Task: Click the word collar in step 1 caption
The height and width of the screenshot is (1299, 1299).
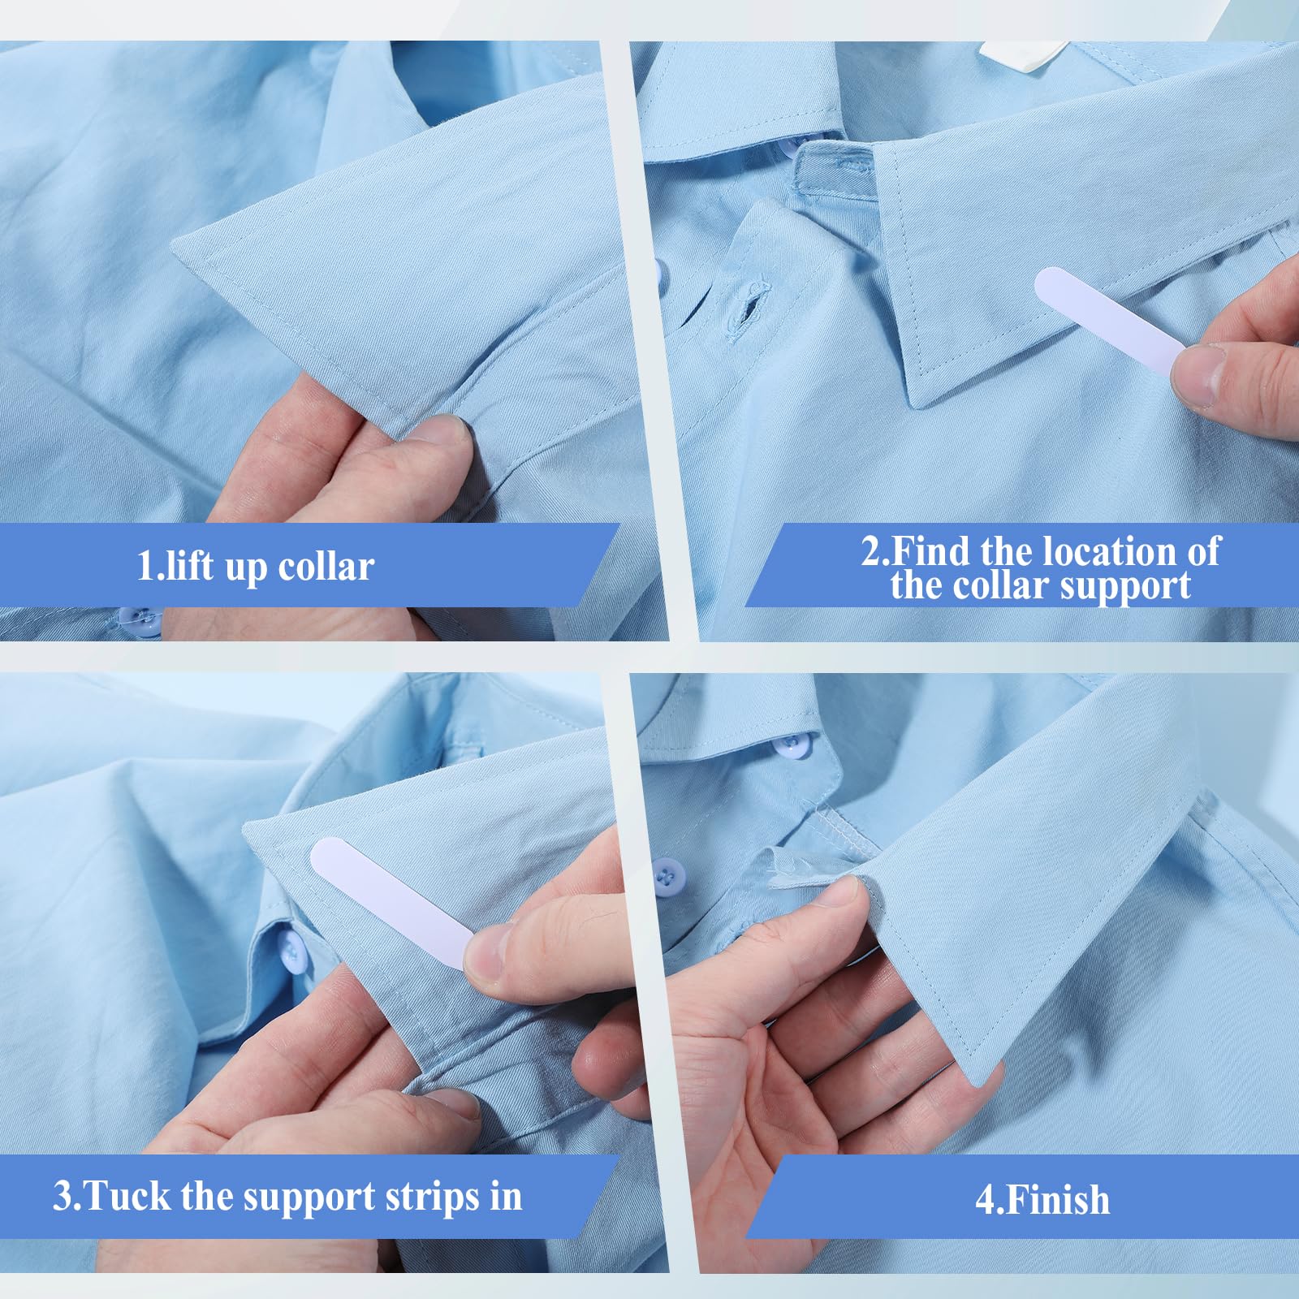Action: (x=326, y=566)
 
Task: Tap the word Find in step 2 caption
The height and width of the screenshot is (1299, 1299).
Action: (x=931, y=551)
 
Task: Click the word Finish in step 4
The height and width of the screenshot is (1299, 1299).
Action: (x=1055, y=1200)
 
